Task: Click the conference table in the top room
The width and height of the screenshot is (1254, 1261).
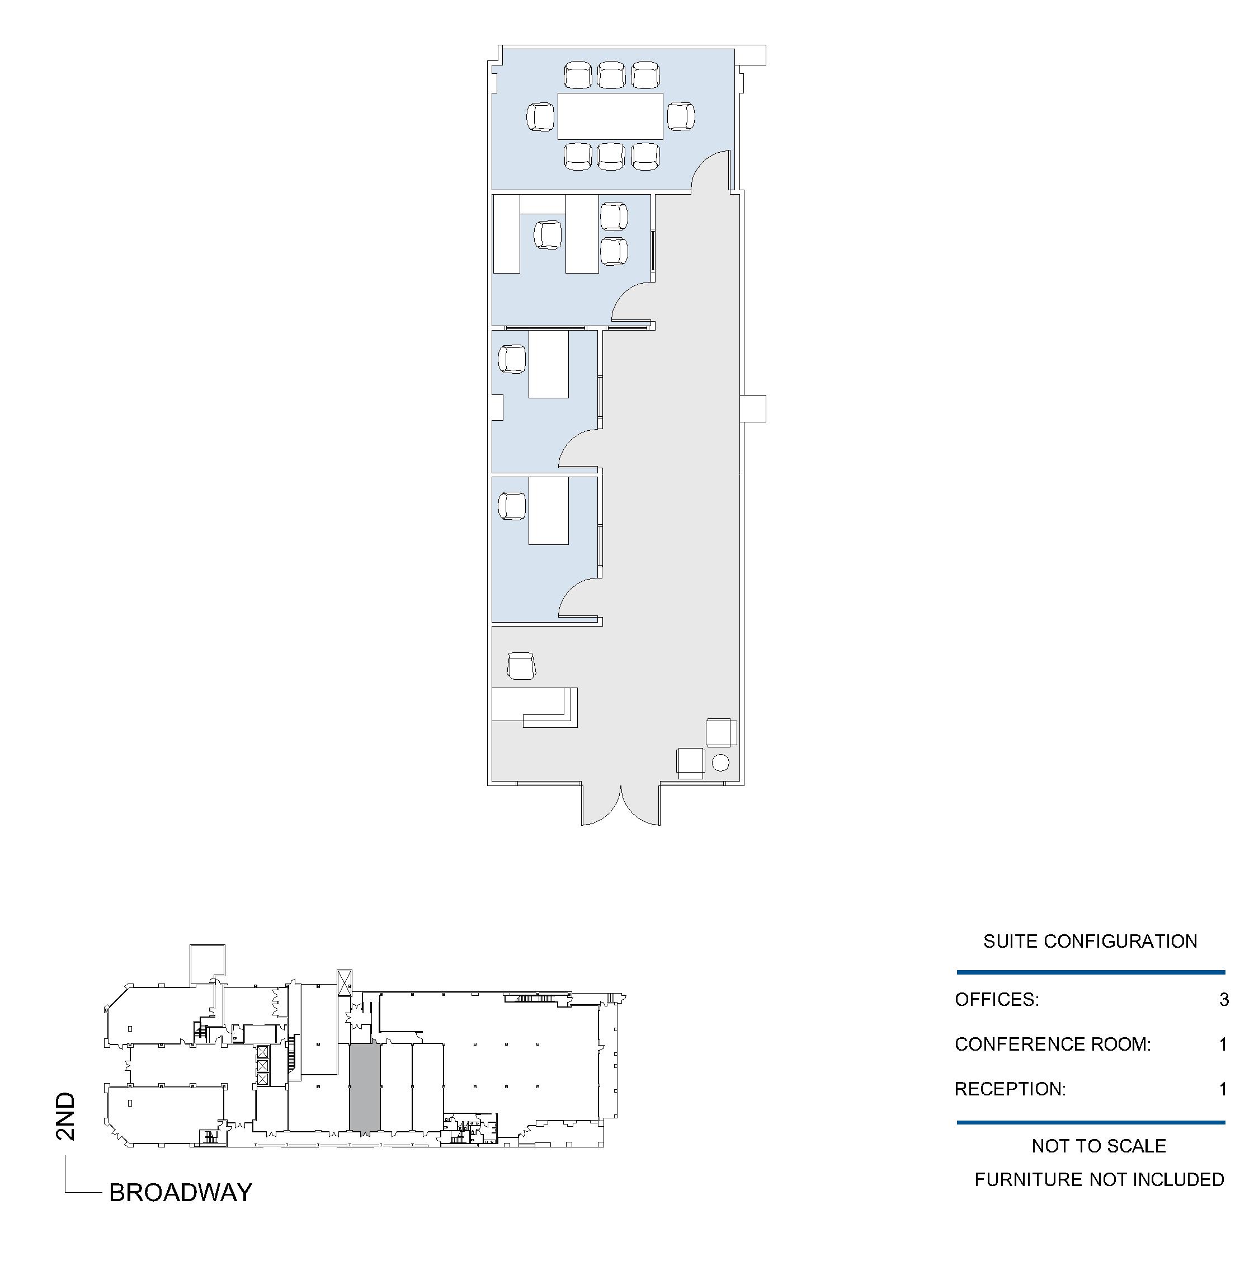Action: click(610, 116)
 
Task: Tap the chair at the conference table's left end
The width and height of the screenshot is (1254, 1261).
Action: click(541, 117)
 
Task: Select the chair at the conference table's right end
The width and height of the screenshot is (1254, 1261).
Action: click(681, 117)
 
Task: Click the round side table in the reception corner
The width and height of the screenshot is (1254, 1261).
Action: click(720, 763)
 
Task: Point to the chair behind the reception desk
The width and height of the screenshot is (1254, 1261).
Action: click(522, 666)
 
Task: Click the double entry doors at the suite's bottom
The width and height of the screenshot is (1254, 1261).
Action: click(620, 804)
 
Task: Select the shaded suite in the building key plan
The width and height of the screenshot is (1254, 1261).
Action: click(365, 1086)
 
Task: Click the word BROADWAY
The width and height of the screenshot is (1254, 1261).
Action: click(181, 1193)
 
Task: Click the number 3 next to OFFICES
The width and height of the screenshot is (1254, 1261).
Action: click(1224, 999)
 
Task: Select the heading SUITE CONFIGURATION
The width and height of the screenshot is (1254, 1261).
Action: click(1090, 941)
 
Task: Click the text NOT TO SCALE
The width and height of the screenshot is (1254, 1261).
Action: click(1099, 1146)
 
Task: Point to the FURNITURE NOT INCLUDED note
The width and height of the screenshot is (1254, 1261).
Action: click(1100, 1179)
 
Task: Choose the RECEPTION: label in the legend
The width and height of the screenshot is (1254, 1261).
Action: click(1010, 1089)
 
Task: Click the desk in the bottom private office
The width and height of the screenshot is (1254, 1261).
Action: click(548, 510)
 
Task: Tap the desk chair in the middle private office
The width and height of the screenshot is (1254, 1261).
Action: click(512, 359)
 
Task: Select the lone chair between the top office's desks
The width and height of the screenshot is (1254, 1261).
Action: click(548, 234)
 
